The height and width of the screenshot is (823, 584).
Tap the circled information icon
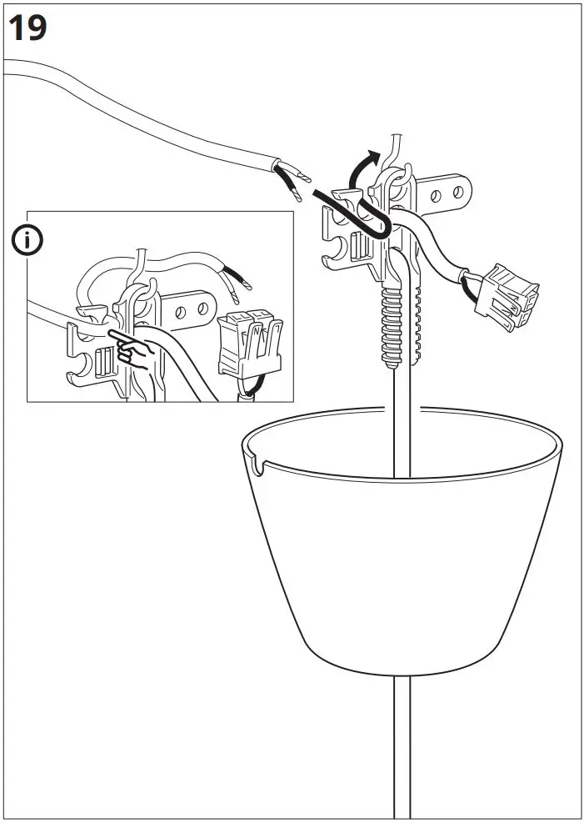coord(27,241)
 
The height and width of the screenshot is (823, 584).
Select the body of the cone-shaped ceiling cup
coord(400,567)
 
